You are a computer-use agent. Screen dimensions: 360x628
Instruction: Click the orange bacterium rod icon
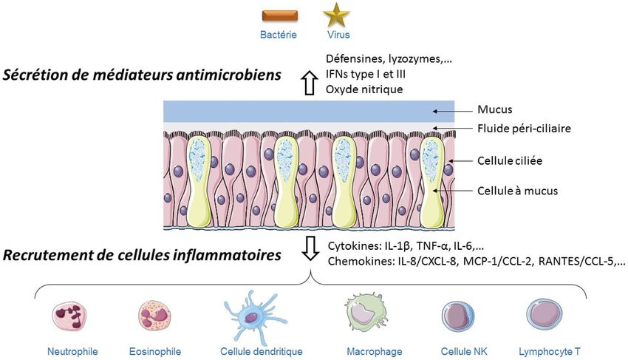click(x=280, y=15)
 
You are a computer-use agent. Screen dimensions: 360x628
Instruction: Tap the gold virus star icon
click(x=337, y=15)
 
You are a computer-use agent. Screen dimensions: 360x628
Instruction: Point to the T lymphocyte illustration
click(x=545, y=316)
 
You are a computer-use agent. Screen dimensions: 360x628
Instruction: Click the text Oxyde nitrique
click(x=364, y=89)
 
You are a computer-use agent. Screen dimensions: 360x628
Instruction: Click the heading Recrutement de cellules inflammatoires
click(x=142, y=256)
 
